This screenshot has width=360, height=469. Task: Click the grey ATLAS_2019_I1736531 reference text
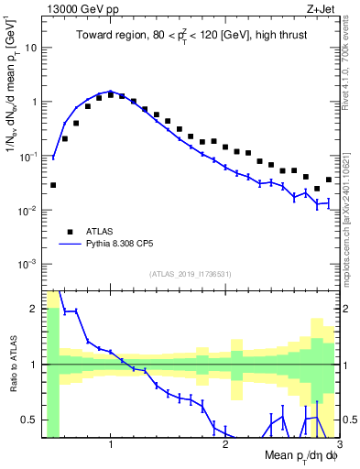tap(191, 274)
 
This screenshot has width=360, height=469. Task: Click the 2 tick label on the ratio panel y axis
tap(34, 309)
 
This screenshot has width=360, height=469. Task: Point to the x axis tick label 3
tap(338, 445)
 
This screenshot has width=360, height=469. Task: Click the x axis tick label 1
tap(111, 445)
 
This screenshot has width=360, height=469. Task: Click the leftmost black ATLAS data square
tap(53, 185)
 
